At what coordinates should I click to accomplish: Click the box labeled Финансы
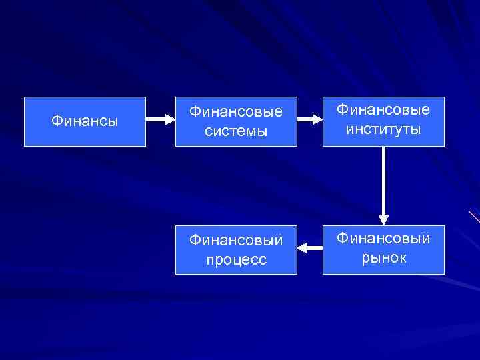tap(85, 121)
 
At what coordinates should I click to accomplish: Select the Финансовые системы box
tap(236, 121)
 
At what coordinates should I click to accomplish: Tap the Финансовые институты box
tap(383, 121)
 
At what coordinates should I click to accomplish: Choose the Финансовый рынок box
tap(383, 250)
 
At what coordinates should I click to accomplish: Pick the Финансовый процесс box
tap(236, 250)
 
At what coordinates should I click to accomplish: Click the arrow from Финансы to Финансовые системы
tap(160, 120)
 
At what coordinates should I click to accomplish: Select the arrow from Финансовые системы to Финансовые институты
tap(309, 120)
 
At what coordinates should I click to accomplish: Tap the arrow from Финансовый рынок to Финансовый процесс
tap(309, 248)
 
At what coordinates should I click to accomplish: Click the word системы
tap(236, 131)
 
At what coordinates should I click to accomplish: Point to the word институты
tap(383, 129)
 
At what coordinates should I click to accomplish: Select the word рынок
tap(383, 258)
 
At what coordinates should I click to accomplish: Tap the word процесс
tap(236, 260)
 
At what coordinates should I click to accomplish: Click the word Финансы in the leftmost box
tap(85, 121)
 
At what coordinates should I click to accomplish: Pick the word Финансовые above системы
tap(236, 111)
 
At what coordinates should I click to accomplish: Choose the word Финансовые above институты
tap(383, 109)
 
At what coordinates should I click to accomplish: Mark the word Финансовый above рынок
tap(383, 238)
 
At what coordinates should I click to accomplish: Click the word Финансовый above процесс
tap(236, 240)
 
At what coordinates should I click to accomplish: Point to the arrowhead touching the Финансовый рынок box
tap(384, 219)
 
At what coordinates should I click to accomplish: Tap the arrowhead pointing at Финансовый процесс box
tap(301, 248)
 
